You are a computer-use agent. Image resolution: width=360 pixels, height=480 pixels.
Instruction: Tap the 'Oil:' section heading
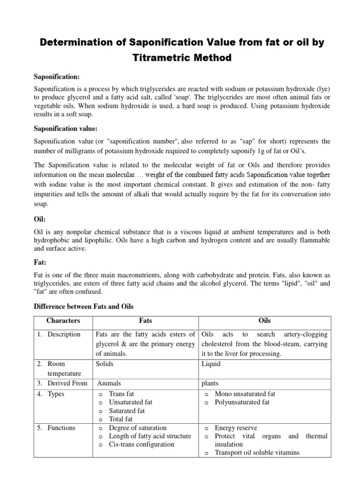click(40, 219)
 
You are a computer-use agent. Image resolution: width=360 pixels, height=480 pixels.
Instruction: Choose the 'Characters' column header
click(63, 321)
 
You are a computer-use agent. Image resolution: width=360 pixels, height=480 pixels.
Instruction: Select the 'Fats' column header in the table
click(146, 321)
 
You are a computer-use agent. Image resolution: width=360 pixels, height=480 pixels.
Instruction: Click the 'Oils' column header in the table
click(265, 321)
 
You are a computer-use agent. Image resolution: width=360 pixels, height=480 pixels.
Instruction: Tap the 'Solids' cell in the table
click(105, 364)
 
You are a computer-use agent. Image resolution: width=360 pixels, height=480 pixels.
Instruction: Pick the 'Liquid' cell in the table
click(211, 364)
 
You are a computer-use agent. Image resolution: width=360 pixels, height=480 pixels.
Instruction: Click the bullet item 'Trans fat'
click(121, 394)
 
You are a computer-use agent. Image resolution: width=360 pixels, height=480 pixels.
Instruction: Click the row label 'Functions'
click(61, 427)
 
